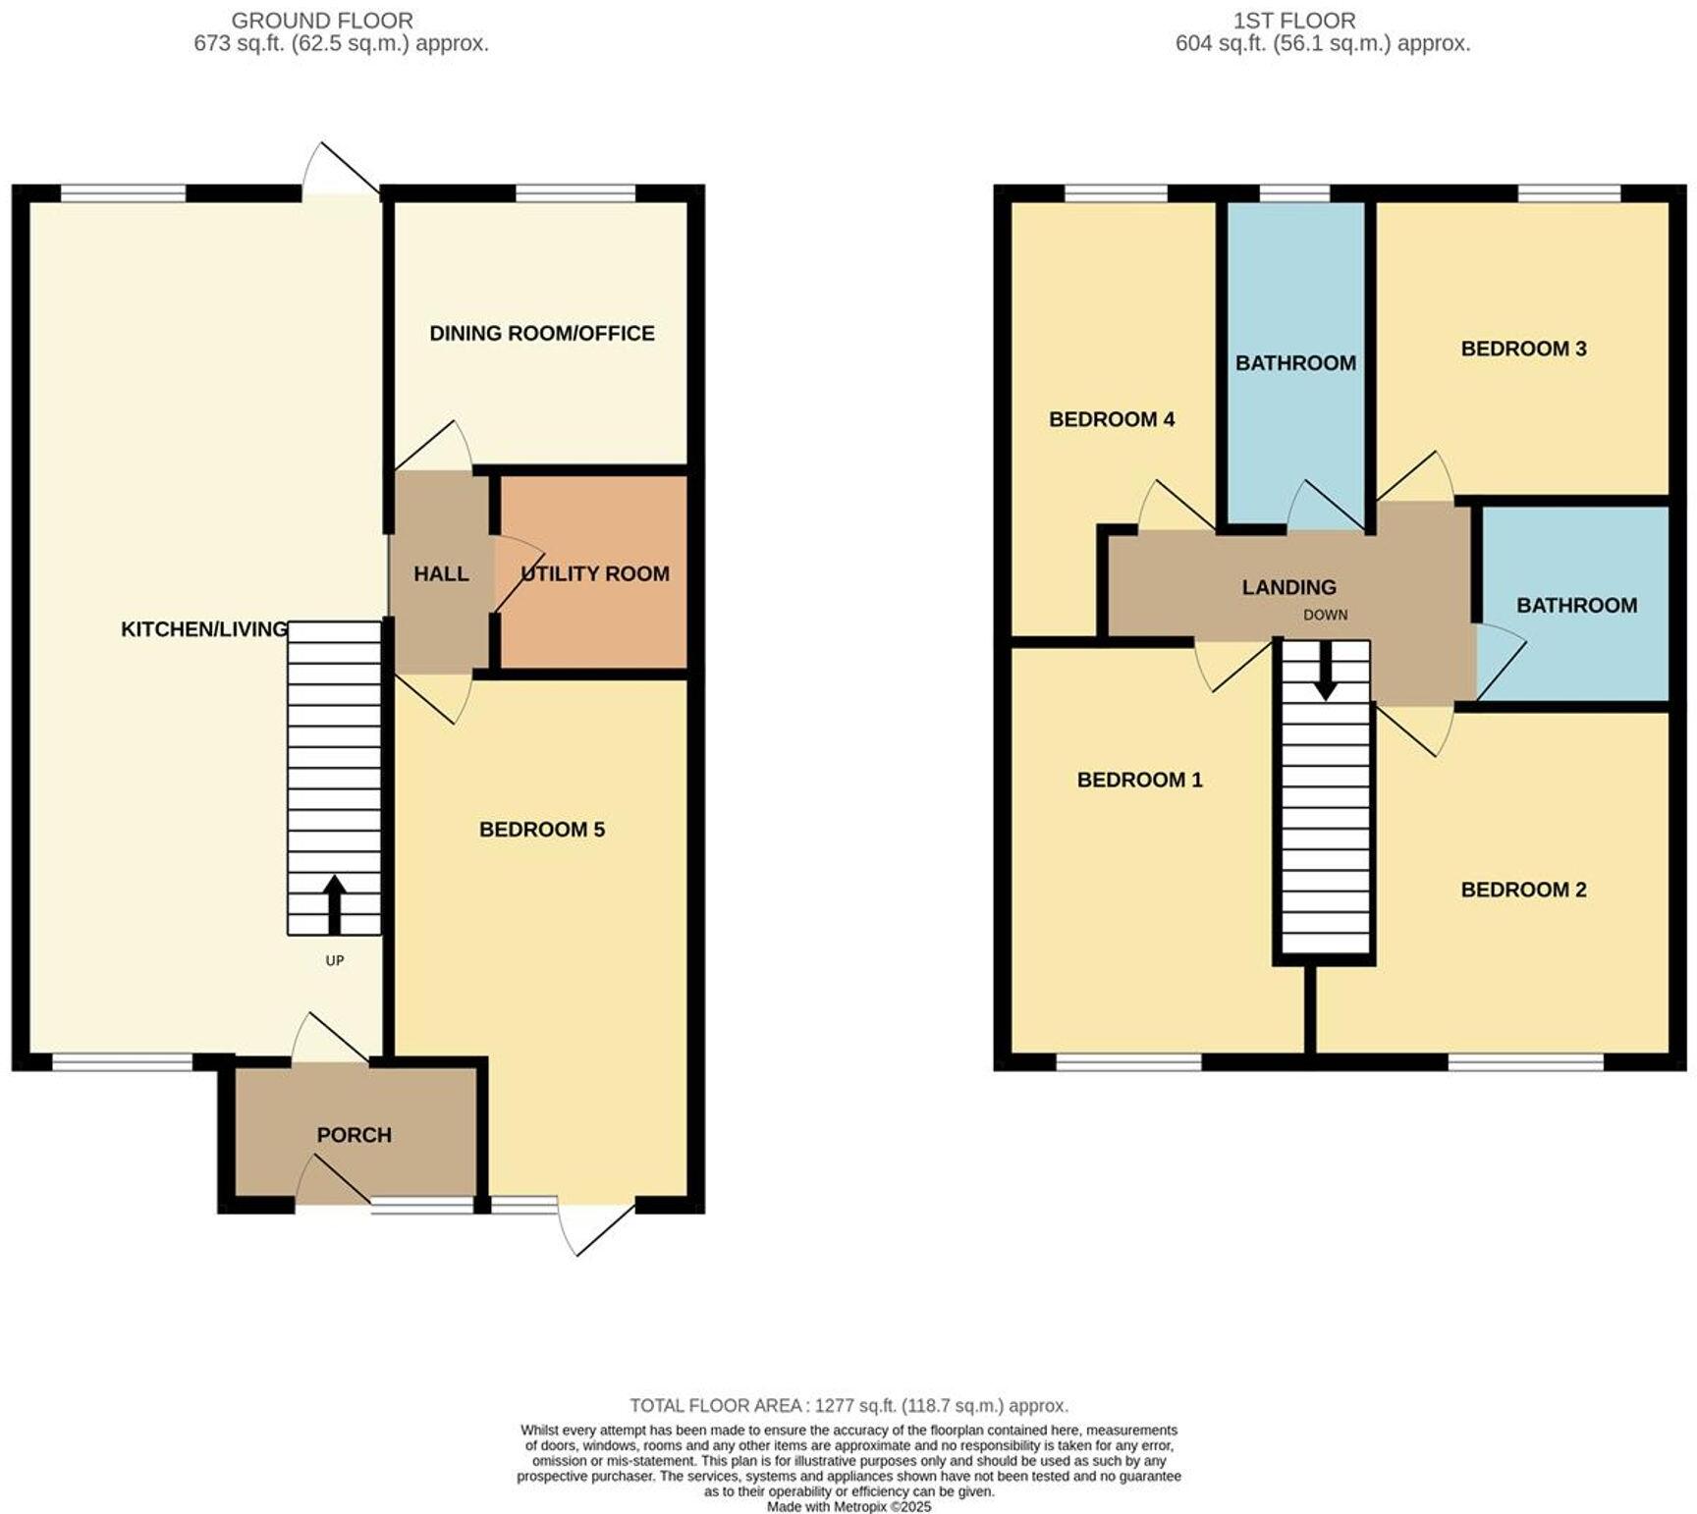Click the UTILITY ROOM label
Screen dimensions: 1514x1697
595,573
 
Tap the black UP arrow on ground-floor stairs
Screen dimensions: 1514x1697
334,903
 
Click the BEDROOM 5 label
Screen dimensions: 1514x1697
541,830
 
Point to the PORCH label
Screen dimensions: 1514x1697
354,1135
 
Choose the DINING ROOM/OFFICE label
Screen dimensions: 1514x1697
541,334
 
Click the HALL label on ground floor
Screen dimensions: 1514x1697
441,573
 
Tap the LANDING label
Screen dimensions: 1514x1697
1288,587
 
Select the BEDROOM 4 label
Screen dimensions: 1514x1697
1111,420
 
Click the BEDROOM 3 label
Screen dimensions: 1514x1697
1522,349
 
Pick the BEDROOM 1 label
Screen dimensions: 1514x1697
1139,780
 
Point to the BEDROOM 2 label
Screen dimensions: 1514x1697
1522,890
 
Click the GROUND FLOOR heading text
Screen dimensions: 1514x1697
322,20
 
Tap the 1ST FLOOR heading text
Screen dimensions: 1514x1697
1294,20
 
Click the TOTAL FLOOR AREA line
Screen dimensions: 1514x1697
848,1406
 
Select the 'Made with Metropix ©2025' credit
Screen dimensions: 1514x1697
848,1506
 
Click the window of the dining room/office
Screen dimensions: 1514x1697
575,192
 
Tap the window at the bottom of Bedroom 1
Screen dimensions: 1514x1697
1128,1061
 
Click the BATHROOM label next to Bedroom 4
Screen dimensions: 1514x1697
1295,363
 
